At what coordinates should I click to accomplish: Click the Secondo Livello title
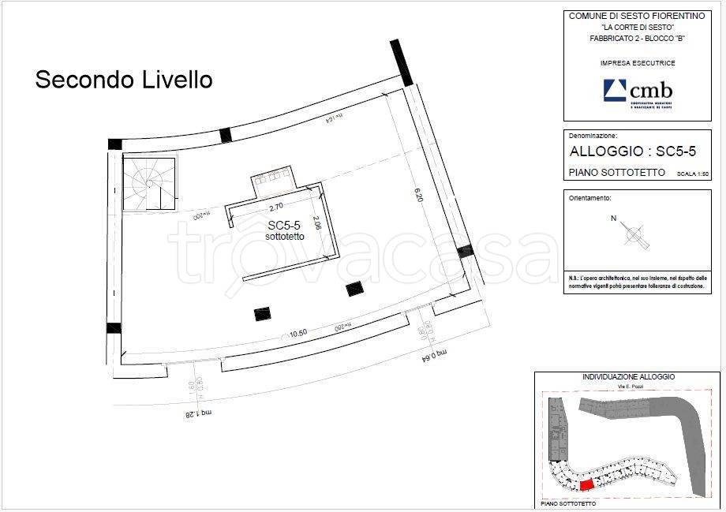tap(124, 80)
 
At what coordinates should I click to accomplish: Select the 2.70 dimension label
tap(276, 208)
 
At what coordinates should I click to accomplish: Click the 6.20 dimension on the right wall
tap(421, 194)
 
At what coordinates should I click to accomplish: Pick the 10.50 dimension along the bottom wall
tap(298, 333)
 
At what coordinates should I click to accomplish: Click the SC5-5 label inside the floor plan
tap(283, 225)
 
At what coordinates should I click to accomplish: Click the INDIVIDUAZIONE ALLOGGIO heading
tap(627, 377)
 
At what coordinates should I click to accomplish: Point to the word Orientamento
tap(590, 198)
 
